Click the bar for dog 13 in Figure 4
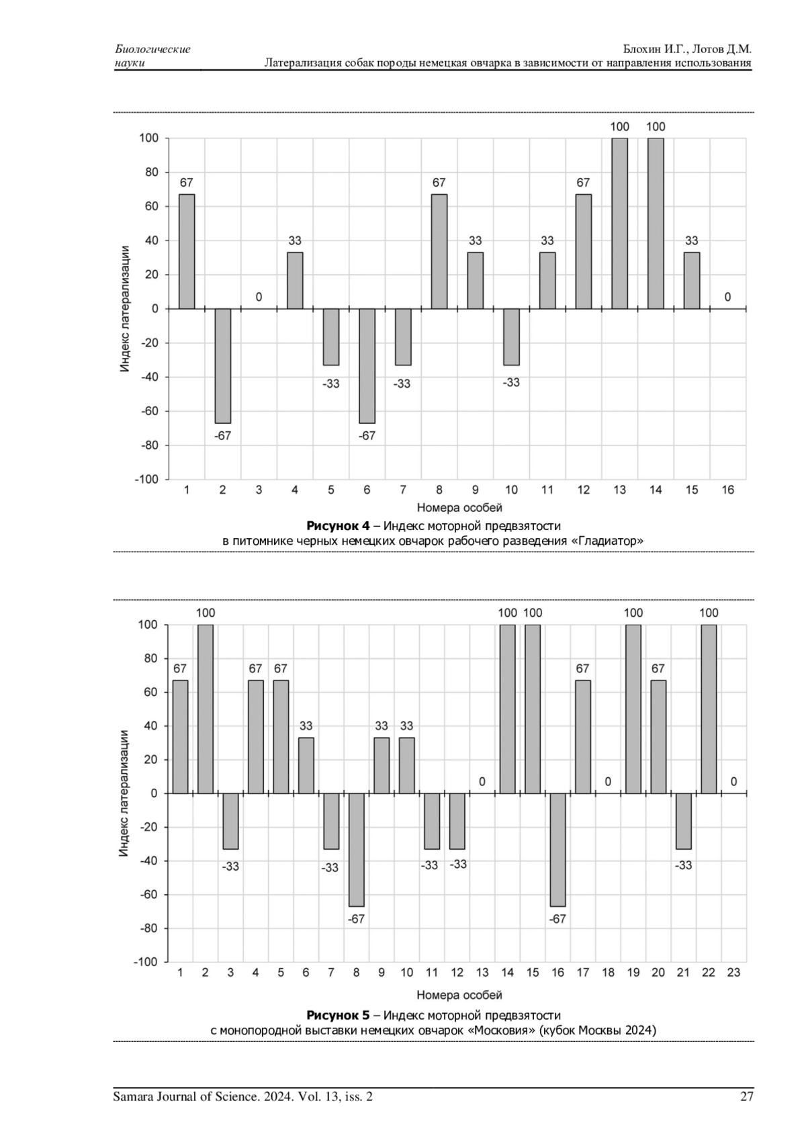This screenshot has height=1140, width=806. [x=619, y=224]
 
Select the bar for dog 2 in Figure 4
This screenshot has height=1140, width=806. [x=222, y=365]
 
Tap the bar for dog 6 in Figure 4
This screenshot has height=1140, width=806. [x=367, y=365]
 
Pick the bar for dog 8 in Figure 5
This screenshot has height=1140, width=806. [x=356, y=849]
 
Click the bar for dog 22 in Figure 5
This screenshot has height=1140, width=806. [x=709, y=709]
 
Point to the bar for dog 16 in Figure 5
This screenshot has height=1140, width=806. [x=557, y=849]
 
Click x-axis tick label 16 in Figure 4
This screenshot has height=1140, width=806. [x=727, y=490]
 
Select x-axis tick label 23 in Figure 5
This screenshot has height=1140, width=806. [x=733, y=972]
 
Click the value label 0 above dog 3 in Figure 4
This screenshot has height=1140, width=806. [x=259, y=297]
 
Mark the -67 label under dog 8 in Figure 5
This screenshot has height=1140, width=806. [x=356, y=919]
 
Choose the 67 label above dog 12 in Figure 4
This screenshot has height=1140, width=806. [x=583, y=183]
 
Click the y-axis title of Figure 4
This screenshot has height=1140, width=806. [x=125, y=309]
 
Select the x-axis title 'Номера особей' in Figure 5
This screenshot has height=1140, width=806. [x=459, y=994]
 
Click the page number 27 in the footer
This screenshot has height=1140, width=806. [x=746, y=1097]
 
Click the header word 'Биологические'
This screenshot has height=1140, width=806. [x=153, y=49]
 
